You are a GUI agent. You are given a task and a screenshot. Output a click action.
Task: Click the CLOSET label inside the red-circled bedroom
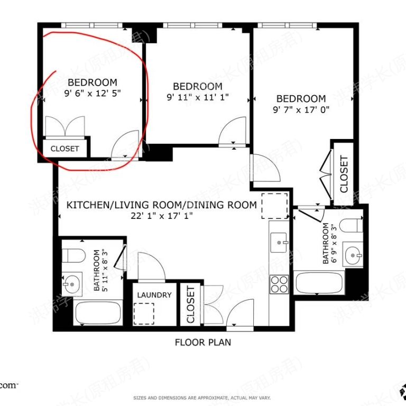[64, 149]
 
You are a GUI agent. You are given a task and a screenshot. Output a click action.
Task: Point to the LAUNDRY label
[154, 295]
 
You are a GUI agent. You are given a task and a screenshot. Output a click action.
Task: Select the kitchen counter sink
[279, 245]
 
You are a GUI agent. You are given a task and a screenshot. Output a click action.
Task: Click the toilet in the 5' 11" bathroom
[73, 256]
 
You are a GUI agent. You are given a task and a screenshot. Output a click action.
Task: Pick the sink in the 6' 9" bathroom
[352, 256]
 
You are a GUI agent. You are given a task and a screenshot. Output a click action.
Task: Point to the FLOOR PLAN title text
[203, 342]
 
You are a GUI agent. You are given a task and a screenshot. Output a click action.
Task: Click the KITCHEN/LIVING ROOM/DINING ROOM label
[161, 205]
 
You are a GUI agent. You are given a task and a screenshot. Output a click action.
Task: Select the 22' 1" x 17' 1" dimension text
[162, 215]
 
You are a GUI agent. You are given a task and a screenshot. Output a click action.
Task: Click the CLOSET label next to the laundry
[190, 305]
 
